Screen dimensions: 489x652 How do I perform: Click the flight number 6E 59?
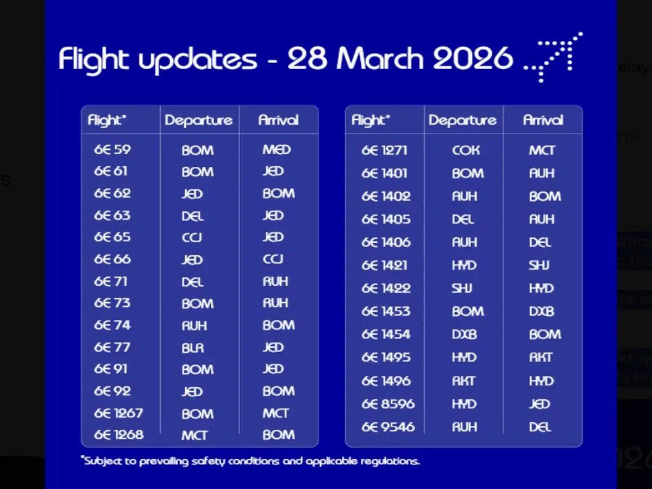pyautogui.click(x=112, y=149)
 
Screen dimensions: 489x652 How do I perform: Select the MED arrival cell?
pyautogui.click(x=277, y=149)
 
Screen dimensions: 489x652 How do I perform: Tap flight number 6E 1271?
pyautogui.click(x=384, y=151)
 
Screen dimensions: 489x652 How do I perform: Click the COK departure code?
pyautogui.click(x=466, y=151)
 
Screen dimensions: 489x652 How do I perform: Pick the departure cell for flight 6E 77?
pyautogui.click(x=193, y=348)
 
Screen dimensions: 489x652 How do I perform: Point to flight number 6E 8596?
pyautogui.click(x=388, y=404)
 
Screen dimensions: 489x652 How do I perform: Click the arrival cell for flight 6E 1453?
pyautogui.click(x=542, y=311)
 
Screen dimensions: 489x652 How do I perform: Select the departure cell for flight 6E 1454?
pyautogui.click(x=464, y=335)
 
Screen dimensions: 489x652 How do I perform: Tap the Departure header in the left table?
pyautogui.click(x=199, y=120)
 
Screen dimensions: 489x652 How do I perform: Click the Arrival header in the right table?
pyautogui.click(x=543, y=120)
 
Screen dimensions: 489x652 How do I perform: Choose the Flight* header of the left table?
pyautogui.click(x=107, y=120)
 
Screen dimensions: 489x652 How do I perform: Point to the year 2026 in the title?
pyautogui.click(x=473, y=59)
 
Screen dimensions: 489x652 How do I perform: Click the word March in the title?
pyautogui.click(x=379, y=59)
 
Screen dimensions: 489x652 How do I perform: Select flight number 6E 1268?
pyautogui.click(x=118, y=435)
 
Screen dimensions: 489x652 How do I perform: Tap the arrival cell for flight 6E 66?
pyautogui.click(x=273, y=259)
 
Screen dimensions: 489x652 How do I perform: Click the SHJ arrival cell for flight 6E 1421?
pyautogui.click(x=540, y=266)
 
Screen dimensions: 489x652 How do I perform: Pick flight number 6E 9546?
pyautogui.click(x=388, y=427)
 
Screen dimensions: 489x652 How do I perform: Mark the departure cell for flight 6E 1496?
pyautogui.click(x=464, y=381)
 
